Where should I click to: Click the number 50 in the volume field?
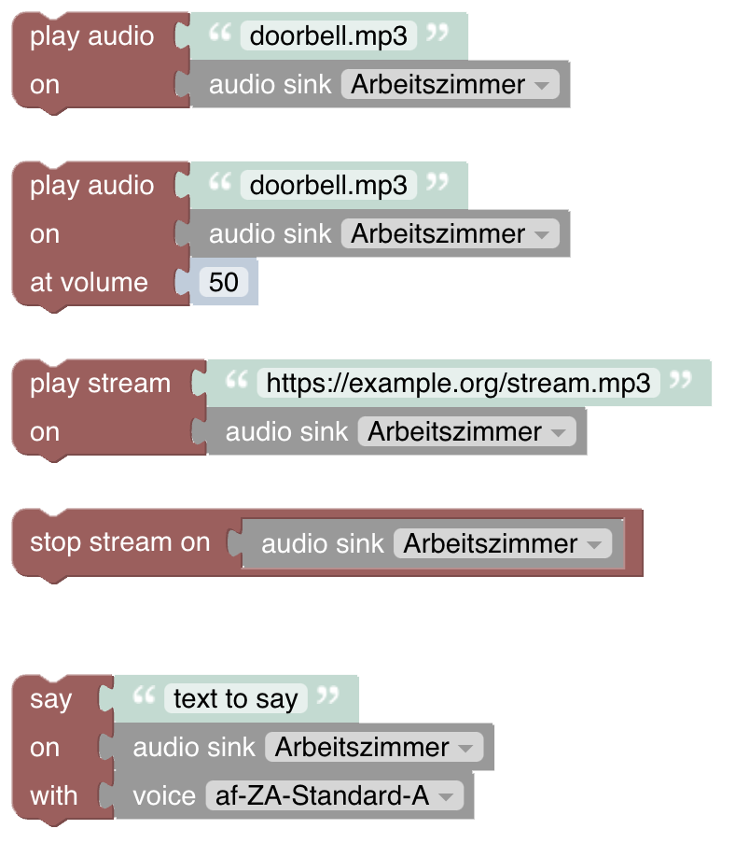click(x=224, y=283)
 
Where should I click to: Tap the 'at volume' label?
click(x=89, y=283)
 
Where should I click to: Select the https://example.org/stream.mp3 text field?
click(x=459, y=383)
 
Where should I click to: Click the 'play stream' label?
click(x=100, y=384)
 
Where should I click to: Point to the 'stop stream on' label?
click(x=119, y=542)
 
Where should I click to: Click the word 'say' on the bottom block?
click(x=50, y=699)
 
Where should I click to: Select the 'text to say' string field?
click(x=235, y=699)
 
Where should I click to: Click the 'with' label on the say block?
click(x=54, y=796)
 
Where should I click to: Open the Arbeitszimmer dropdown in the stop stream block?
click(x=502, y=544)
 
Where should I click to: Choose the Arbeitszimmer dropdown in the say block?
click(x=373, y=748)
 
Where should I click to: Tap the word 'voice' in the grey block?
click(x=164, y=796)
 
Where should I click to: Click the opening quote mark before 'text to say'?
click(x=143, y=696)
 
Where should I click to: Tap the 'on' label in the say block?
click(x=44, y=748)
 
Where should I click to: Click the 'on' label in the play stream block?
click(x=44, y=432)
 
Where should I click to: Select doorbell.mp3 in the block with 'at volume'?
click(x=328, y=186)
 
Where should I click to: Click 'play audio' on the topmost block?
click(x=91, y=36)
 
